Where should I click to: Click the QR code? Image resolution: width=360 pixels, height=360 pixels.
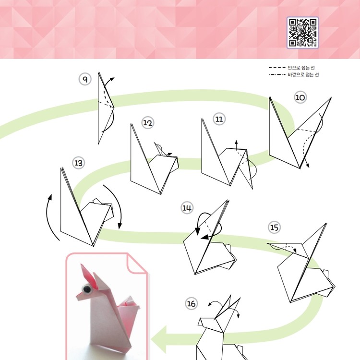click(x=302, y=33)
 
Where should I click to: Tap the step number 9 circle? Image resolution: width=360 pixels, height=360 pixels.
click(x=85, y=79)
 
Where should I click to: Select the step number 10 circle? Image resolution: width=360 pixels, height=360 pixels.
click(x=300, y=97)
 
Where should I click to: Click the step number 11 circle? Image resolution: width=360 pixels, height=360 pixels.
click(x=219, y=119)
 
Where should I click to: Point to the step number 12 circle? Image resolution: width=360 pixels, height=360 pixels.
click(x=148, y=123)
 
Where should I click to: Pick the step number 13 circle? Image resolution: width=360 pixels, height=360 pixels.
click(x=78, y=163)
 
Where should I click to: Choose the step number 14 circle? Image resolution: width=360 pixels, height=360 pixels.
click(x=187, y=208)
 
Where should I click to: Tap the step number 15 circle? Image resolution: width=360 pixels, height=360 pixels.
click(x=274, y=228)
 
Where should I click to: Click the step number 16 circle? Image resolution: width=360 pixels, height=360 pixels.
click(x=191, y=303)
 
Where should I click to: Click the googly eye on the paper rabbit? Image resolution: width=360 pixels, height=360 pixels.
click(x=87, y=289)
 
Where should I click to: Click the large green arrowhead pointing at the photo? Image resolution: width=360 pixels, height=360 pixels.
click(x=159, y=339)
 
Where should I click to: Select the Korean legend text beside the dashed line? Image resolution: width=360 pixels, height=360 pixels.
click(x=301, y=68)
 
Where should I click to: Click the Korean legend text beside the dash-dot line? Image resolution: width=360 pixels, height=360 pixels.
click(x=303, y=74)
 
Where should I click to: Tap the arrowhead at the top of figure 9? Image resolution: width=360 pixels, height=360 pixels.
click(x=112, y=79)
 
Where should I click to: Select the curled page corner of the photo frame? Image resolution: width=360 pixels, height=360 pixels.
click(x=137, y=264)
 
